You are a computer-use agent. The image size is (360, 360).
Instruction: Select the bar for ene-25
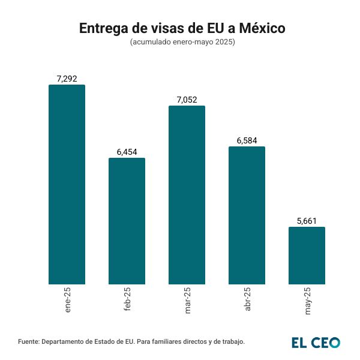pos(67,184)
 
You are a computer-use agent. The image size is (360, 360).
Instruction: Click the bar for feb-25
pos(127,221)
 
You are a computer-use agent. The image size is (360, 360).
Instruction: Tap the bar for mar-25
pos(187,195)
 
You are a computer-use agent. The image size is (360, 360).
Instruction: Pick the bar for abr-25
pos(247,215)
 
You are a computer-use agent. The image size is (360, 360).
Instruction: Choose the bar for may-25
pos(307,255)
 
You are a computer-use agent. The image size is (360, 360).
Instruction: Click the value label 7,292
pos(67,79)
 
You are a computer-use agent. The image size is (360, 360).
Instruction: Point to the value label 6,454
pos(127,152)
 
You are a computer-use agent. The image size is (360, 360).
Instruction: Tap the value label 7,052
pos(187,100)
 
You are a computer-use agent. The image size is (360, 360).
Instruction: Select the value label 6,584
pos(247,140)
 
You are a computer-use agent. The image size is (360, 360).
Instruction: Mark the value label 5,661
pos(307,221)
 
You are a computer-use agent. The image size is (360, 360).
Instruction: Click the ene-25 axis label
pos(67,300)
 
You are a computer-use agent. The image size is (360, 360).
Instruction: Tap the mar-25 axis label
pos(187,301)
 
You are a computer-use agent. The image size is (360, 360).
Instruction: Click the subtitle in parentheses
pos(182,43)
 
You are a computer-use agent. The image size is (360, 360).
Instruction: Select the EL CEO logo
pos(316,342)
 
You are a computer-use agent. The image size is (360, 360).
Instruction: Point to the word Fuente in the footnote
pos(29,341)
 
